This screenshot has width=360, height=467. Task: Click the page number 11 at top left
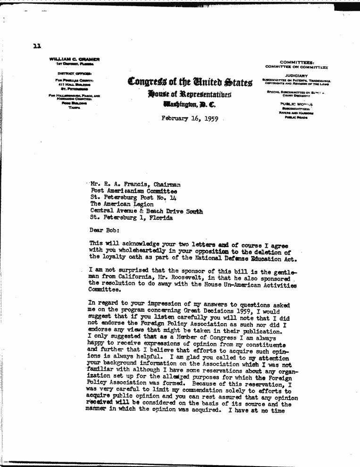click(x=37, y=46)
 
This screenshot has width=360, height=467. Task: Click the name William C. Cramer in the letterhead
click(x=75, y=59)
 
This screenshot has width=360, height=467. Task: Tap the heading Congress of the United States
click(x=190, y=82)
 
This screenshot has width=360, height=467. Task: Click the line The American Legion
click(x=122, y=204)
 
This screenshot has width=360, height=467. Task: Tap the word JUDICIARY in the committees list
click(x=296, y=75)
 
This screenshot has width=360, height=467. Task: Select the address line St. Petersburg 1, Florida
click(x=131, y=218)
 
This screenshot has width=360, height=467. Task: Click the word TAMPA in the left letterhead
click(x=75, y=108)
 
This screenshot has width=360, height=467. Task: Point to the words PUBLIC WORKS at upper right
click(x=296, y=104)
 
